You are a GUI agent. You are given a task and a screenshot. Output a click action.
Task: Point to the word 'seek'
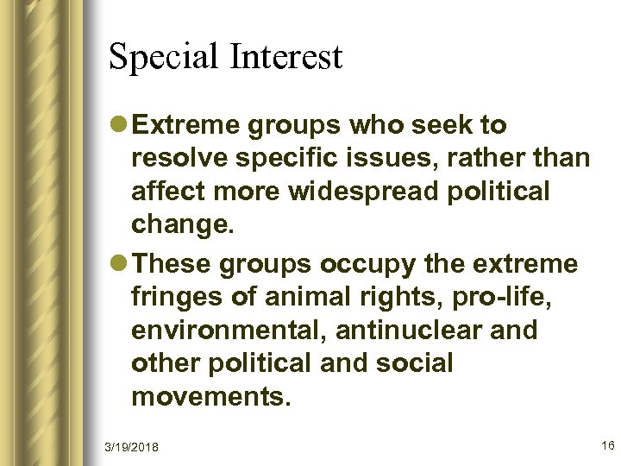coord(449,126)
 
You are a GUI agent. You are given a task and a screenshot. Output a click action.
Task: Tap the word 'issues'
coord(387,159)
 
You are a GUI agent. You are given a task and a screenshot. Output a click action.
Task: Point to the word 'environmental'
coord(232,330)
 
